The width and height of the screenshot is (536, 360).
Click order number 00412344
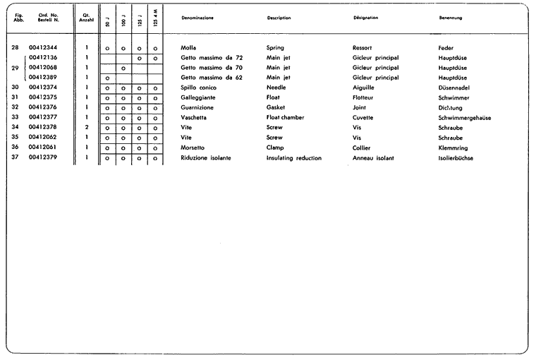(x=43, y=47)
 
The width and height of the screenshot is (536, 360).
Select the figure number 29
(x=16, y=67)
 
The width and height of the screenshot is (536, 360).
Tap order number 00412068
(x=43, y=67)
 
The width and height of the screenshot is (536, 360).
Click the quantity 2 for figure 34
(x=86, y=127)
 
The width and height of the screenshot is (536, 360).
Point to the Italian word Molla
(x=189, y=47)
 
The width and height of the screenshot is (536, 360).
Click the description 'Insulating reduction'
(x=294, y=158)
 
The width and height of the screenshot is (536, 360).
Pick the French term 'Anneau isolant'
(x=373, y=158)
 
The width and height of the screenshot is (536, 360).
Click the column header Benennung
(x=451, y=18)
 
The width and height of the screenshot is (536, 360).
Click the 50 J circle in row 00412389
(x=107, y=78)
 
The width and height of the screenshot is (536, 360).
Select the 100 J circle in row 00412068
(x=123, y=68)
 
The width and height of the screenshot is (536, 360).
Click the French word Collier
(x=362, y=148)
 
